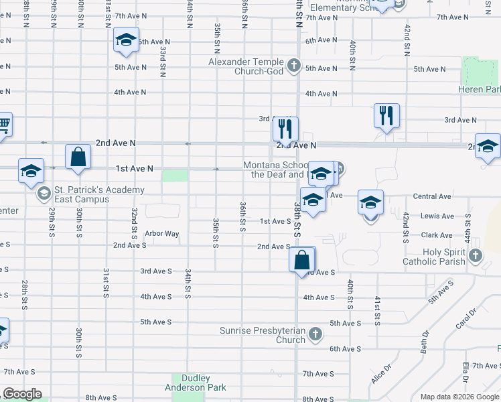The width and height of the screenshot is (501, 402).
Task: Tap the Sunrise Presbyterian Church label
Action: (263, 335)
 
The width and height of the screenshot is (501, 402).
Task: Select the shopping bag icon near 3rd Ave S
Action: (302, 259)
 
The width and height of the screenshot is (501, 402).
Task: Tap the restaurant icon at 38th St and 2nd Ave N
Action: (286, 128)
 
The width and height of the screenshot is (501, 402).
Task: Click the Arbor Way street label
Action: (162, 234)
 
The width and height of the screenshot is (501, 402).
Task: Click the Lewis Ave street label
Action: (437, 216)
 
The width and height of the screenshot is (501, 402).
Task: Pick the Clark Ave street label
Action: (437, 235)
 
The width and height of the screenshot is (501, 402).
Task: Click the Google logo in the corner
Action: (22, 394)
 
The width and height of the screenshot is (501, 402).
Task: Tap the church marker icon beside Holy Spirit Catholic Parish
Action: (476, 255)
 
